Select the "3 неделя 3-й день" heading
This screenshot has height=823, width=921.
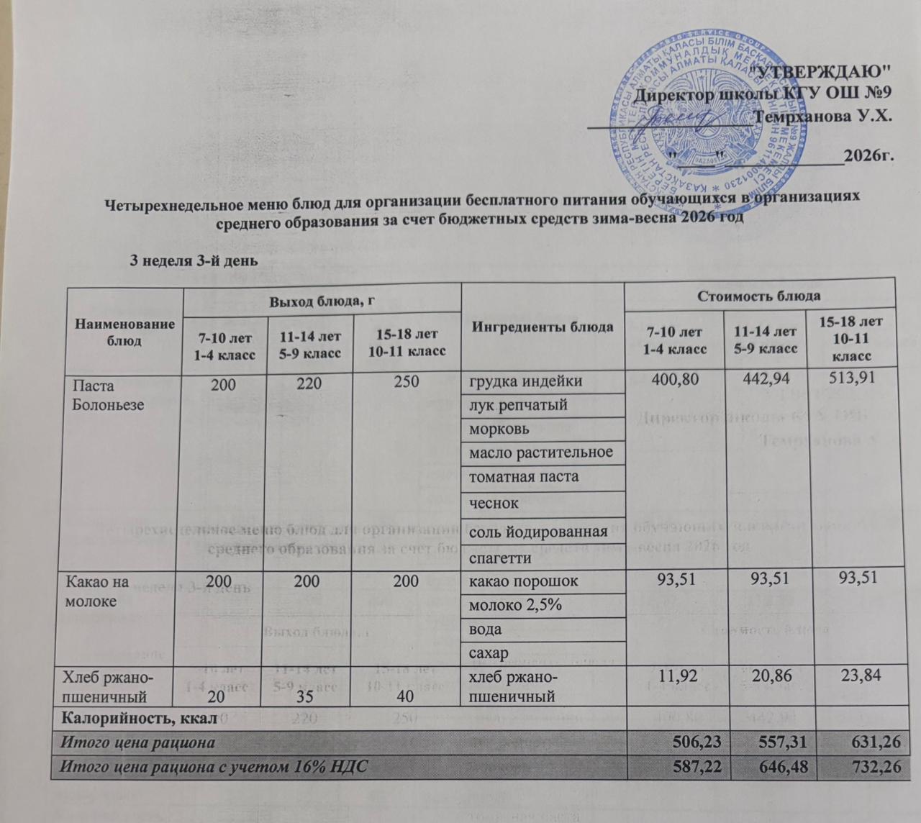click(192, 259)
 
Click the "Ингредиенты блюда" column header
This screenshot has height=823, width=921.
click(543, 327)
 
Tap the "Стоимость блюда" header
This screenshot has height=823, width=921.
click(761, 296)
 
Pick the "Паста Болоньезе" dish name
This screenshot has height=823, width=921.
click(108, 395)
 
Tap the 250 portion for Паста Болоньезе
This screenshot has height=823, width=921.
click(406, 381)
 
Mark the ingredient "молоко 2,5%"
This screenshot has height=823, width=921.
click(514, 605)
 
